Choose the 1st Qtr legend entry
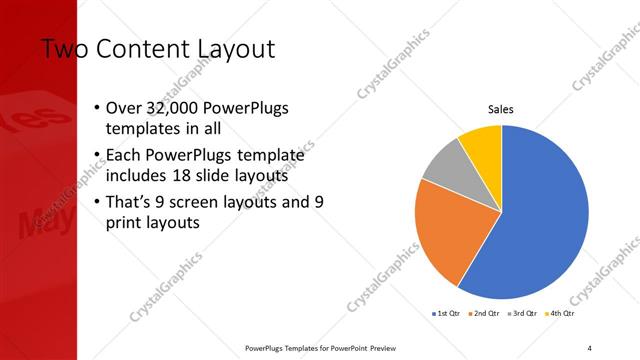(445, 314)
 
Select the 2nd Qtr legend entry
(485, 314)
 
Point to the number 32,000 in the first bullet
(174, 108)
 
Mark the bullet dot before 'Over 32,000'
(95, 108)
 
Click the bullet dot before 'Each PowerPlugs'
(95, 155)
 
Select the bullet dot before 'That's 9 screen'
(95, 202)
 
